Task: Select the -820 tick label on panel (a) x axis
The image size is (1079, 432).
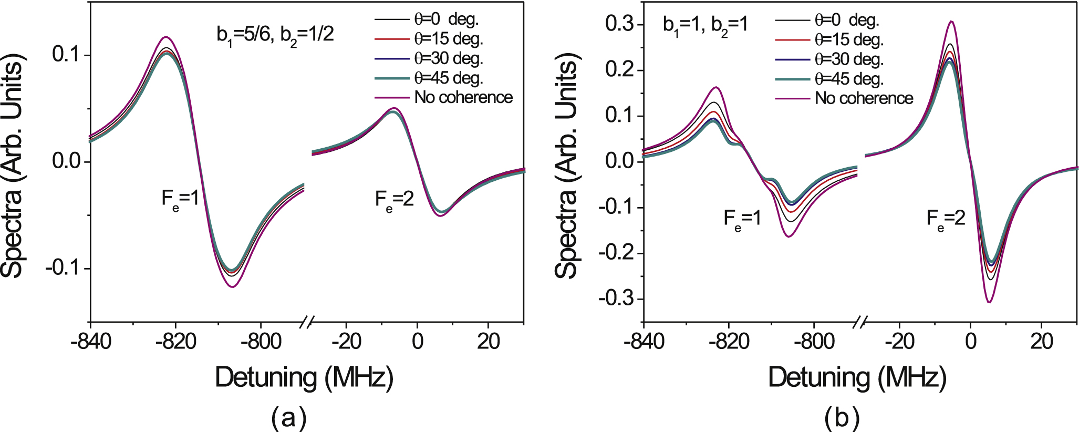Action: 175,342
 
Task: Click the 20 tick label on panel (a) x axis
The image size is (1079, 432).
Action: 488,342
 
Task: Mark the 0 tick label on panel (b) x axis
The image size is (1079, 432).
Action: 970,342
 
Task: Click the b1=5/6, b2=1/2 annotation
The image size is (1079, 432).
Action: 275,35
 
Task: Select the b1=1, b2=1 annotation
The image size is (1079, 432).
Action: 705,25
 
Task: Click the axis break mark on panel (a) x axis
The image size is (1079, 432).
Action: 307,322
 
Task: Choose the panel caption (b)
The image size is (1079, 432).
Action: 842,418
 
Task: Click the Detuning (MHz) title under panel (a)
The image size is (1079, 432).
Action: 304,377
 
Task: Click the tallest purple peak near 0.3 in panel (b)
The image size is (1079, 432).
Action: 951,22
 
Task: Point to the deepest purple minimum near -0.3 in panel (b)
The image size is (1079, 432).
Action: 989,302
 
